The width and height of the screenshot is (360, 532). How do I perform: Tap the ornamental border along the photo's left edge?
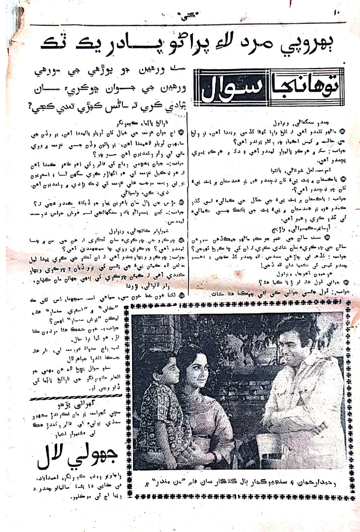(x=134, y=393)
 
